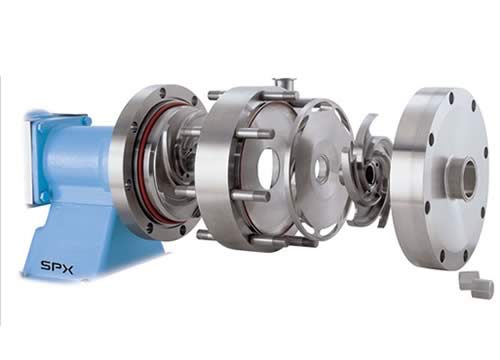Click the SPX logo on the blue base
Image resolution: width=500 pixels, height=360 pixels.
(x=57, y=267)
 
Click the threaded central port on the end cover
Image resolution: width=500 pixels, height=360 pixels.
(x=463, y=177)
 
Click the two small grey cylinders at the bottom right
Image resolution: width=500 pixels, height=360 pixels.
(x=476, y=282)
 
